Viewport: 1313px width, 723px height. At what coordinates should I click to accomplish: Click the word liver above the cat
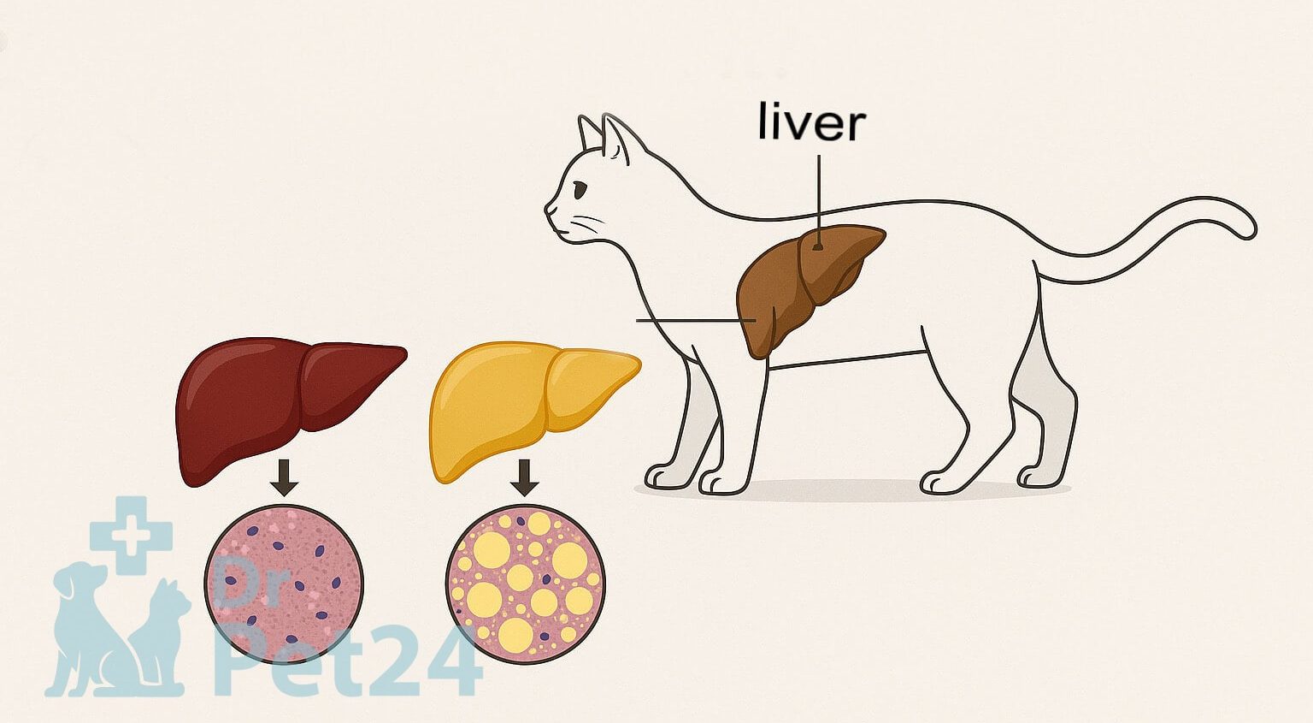click(x=812, y=122)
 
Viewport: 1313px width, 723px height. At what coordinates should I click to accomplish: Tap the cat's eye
click(x=579, y=191)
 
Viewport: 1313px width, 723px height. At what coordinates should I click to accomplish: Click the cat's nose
click(x=548, y=208)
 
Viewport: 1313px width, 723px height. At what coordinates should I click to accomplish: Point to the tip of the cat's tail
click(x=1254, y=228)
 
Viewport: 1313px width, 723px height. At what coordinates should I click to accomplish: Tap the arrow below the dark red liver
click(x=285, y=477)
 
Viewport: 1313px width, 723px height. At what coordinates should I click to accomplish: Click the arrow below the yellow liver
click(x=524, y=477)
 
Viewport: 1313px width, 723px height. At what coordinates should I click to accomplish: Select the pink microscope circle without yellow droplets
click(x=284, y=584)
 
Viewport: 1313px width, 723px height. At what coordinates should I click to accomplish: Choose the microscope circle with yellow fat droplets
click(x=525, y=584)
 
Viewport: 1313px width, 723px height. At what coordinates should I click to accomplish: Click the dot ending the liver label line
click(x=818, y=246)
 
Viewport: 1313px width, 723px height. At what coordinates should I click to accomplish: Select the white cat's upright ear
click(x=615, y=139)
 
